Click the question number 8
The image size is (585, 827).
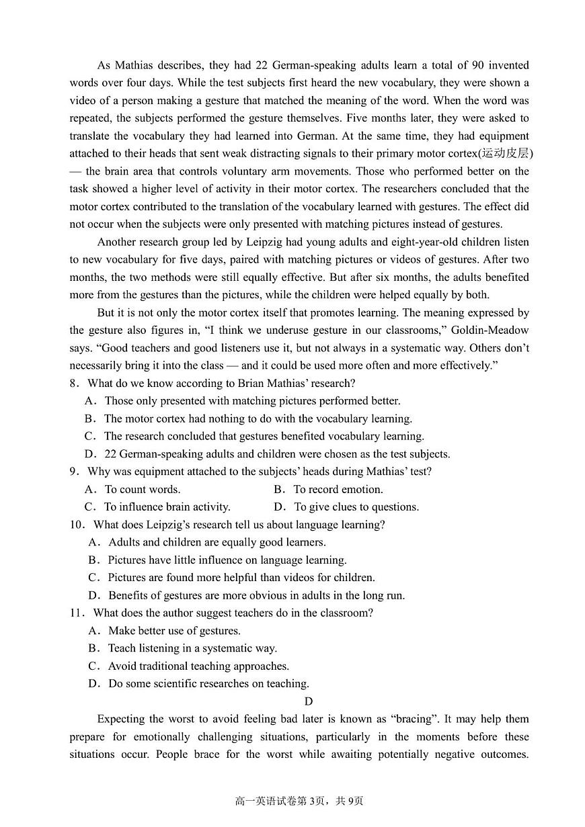coord(75,384)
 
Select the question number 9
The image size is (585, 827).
coord(75,472)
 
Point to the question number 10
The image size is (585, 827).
coord(77,525)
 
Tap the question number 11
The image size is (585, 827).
coord(77,613)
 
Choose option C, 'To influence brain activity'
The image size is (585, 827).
coord(167,507)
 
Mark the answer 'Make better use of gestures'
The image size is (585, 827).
coord(174,631)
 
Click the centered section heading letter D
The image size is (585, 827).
coord(309,701)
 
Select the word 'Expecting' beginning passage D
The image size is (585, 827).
coord(122,719)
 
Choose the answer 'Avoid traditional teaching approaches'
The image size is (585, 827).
coord(198,666)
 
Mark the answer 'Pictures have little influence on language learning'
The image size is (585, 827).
coord(227,560)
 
